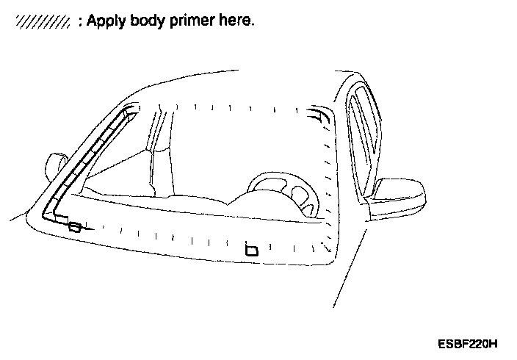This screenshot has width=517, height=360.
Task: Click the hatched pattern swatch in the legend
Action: pyautogui.click(x=42, y=23)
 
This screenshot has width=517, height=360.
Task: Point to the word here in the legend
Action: pyautogui.click(x=236, y=21)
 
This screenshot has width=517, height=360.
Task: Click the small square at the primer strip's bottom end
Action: pyautogui.click(x=74, y=227)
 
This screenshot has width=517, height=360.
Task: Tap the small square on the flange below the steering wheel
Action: pyautogui.click(x=251, y=251)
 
